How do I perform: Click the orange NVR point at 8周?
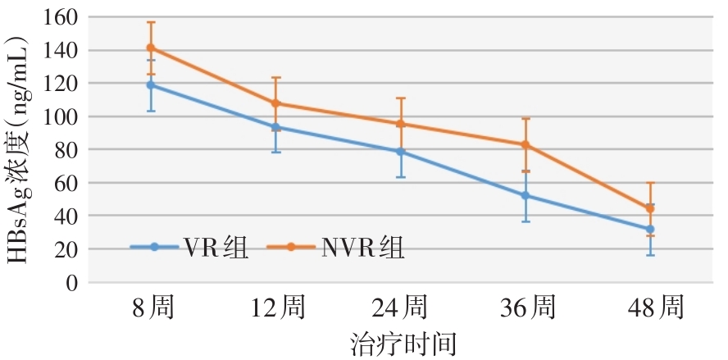(150, 48)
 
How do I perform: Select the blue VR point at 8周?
(150, 84)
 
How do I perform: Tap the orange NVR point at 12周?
(275, 103)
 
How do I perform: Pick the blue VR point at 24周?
(401, 152)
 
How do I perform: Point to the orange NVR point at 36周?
(526, 145)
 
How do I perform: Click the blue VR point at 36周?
(526, 195)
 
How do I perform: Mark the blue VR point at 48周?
(650, 229)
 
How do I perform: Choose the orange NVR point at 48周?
(650, 208)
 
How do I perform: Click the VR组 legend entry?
(189, 246)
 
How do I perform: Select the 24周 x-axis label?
(401, 309)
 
